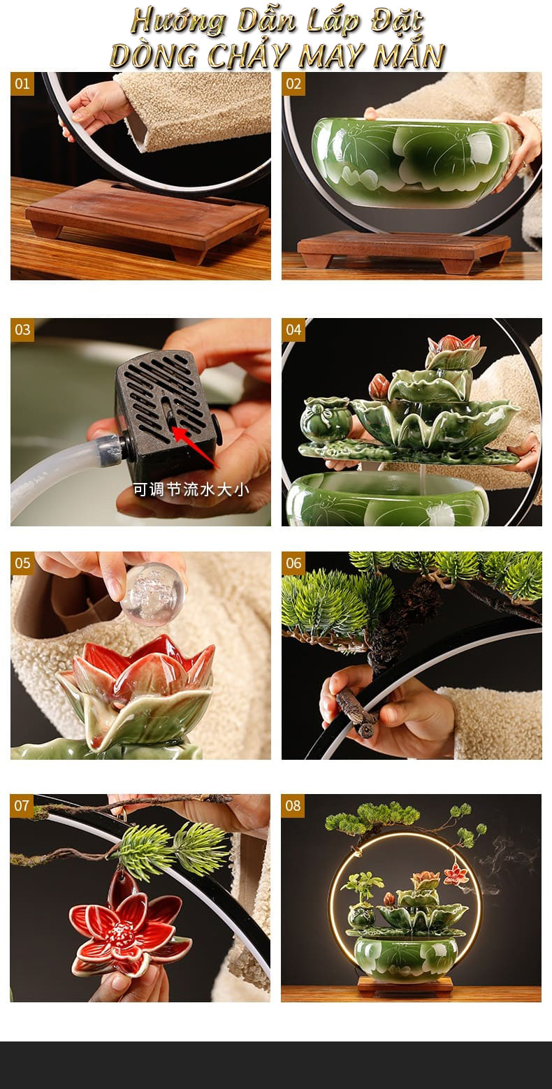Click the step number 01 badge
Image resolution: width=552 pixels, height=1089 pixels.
(x=22, y=84)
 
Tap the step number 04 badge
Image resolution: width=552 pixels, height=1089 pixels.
(x=293, y=330)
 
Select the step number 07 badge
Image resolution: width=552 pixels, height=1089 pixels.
(x=22, y=806)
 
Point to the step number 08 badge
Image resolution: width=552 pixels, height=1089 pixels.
(x=293, y=806)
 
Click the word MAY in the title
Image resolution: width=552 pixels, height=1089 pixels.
(x=335, y=56)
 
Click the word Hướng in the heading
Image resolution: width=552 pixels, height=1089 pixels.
(x=178, y=22)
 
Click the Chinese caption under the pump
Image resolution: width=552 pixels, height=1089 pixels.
(x=191, y=489)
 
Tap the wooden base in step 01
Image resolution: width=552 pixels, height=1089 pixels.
(x=147, y=219)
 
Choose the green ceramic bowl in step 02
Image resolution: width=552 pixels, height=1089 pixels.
(x=412, y=161)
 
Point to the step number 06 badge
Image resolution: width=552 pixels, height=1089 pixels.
(x=293, y=563)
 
